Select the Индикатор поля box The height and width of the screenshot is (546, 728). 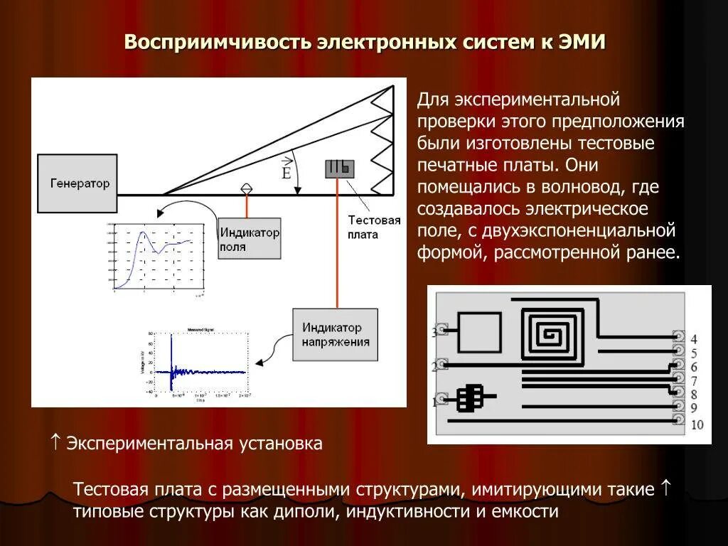[249, 239]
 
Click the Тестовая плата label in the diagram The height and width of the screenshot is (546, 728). [374, 227]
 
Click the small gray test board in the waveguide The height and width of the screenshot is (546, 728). [339, 168]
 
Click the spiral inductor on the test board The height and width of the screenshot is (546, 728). [552, 332]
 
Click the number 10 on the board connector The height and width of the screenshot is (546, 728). [697, 424]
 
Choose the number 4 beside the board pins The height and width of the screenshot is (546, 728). [694, 339]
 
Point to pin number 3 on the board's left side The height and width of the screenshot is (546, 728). [435, 332]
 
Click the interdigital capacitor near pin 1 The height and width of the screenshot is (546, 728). [469, 399]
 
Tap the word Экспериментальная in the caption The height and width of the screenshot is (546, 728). [149, 444]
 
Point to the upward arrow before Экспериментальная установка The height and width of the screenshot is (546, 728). [56, 443]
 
